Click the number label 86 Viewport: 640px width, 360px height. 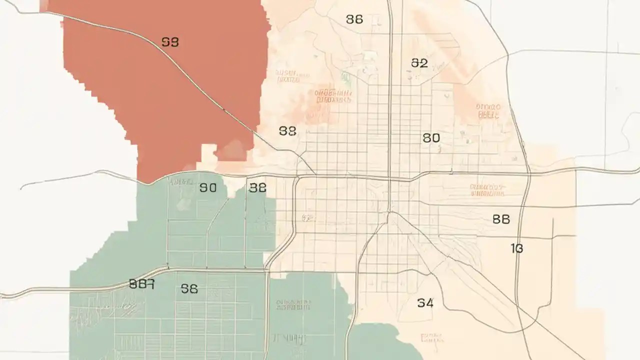coord(354,19)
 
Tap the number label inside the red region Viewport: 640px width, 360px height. coord(170,42)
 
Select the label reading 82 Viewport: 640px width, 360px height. coord(419,63)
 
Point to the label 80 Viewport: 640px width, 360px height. coord(431,137)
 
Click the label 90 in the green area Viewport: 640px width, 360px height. coord(208,188)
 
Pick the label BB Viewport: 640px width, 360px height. coord(501,219)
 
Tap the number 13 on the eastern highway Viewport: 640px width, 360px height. coord(517,248)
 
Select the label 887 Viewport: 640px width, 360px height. coord(141,284)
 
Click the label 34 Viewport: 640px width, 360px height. coord(425,302)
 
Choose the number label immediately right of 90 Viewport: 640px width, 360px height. coord(257,188)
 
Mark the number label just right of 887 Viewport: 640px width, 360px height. coord(189,288)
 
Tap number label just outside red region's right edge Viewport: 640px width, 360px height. coord(287,131)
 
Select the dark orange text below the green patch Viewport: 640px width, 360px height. coord(333,96)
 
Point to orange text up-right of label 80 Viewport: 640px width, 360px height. coord(488,110)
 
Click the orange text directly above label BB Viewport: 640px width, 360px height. coord(487,190)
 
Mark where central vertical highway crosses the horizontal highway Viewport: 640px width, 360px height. coord(390,178)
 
